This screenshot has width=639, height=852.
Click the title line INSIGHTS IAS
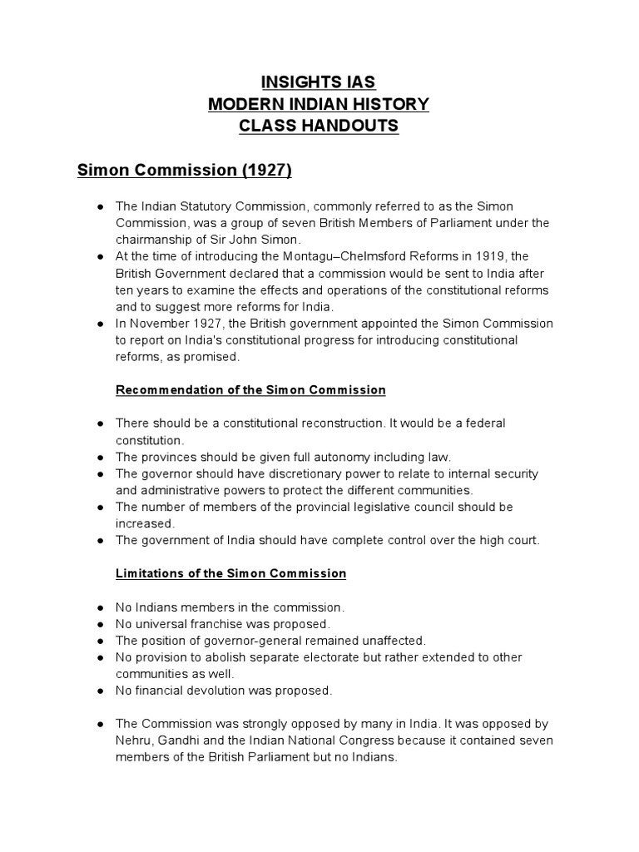click(319, 82)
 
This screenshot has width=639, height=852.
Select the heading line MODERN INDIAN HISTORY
click(319, 104)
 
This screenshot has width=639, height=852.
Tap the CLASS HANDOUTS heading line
click(319, 126)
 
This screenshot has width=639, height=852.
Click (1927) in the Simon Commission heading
click(266, 171)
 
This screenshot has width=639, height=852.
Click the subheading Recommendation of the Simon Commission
click(250, 389)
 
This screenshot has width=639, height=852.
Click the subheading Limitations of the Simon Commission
click(230, 573)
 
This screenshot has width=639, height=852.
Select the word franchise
click(220, 623)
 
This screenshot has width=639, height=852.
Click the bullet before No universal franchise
click(100, 623)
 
